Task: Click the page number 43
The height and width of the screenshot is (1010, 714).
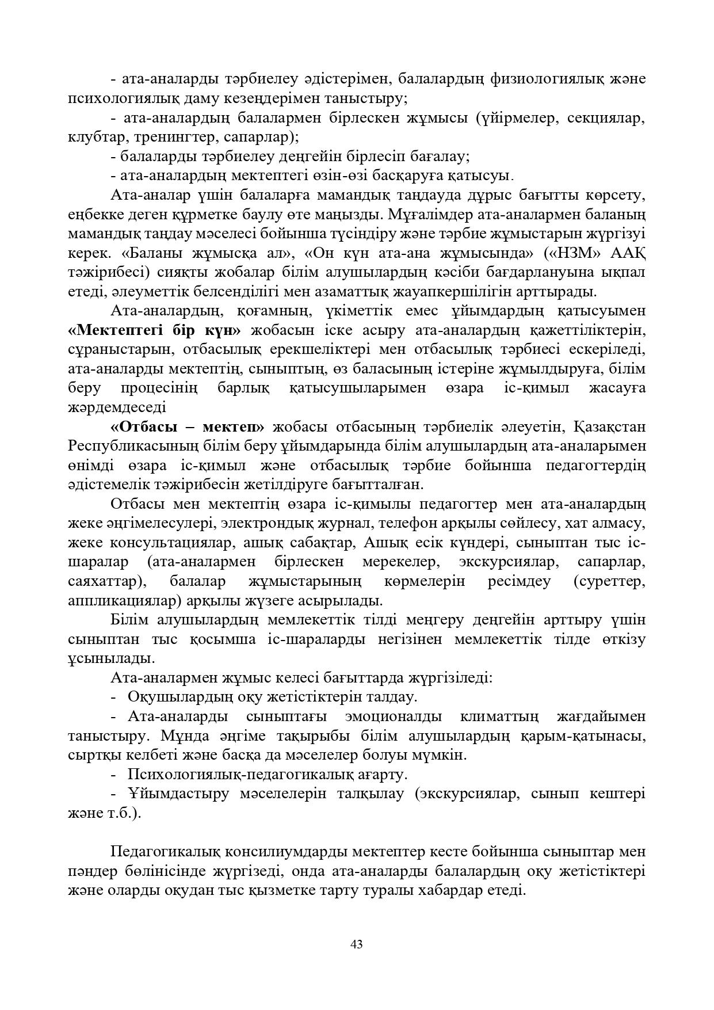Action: click(357, 944)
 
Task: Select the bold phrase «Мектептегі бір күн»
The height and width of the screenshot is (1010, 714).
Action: click(154, 330)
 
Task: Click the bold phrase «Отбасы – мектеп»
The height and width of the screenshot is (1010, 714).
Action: click(187, 426)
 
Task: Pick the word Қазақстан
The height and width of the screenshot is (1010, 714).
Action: click(610, 426)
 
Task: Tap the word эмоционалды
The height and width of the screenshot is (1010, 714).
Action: click(394, 716)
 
